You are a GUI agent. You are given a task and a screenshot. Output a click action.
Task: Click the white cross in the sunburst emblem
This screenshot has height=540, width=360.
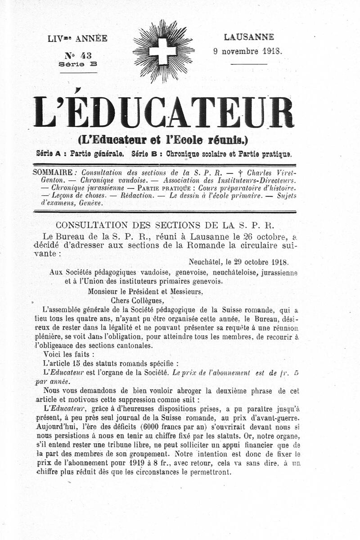tap(162, 51)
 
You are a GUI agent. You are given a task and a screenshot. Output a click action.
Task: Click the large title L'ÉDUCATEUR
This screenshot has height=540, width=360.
tap(164, 112)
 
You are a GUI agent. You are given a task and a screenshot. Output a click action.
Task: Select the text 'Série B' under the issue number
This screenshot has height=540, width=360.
tap(78, 64)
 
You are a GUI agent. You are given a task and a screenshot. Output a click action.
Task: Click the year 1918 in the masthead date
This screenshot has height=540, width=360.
tap(272, 51)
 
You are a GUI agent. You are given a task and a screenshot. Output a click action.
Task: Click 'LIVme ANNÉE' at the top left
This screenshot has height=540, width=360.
tap(78, 39)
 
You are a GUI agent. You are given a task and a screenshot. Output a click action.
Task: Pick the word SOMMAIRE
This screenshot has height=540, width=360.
tap(53, 172)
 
